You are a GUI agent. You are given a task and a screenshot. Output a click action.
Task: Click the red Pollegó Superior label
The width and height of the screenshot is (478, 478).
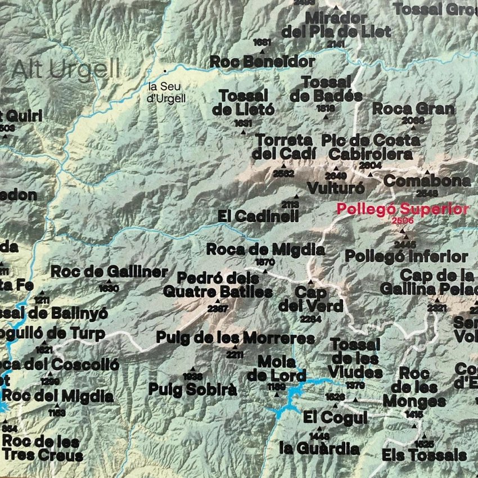(x=402, y=209)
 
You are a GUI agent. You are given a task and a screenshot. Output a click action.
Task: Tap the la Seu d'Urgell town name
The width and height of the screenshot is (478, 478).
(x=166, y=92)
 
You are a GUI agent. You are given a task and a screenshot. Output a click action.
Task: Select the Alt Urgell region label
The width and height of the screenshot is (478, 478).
(x=66, y=70)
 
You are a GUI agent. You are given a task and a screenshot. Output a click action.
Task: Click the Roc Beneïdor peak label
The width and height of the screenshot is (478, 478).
(x=262, y=61)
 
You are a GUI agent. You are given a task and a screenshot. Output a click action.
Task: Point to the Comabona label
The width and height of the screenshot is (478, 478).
(x=427, y=181)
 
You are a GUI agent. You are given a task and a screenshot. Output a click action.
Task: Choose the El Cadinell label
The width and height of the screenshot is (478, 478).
(x=258, y=216)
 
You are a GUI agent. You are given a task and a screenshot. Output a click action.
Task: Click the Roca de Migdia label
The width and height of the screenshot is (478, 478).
(x=265, y=249)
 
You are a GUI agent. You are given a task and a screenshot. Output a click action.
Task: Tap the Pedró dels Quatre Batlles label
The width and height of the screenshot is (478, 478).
(x=218, y=285)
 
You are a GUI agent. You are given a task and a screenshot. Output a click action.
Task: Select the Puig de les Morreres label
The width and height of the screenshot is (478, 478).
(x=235, y=338)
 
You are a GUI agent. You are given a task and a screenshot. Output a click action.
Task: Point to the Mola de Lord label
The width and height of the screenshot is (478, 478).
(x=276, y=368)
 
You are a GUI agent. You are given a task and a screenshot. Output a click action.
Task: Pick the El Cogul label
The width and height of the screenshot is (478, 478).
(x=335, y=418)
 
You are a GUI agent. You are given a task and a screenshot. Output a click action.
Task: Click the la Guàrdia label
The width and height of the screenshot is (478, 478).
(x=319, y=449)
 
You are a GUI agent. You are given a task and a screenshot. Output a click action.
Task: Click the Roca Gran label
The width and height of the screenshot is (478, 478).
(x=413, y=109)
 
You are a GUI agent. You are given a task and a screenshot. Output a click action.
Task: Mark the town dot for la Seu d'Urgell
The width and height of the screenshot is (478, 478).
(x=165, y=71)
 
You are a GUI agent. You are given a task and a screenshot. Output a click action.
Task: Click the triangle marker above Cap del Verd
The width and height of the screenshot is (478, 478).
(x=310, y=281)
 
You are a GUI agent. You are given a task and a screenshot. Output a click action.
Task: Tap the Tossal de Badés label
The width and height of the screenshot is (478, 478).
(x=326, y=89)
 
